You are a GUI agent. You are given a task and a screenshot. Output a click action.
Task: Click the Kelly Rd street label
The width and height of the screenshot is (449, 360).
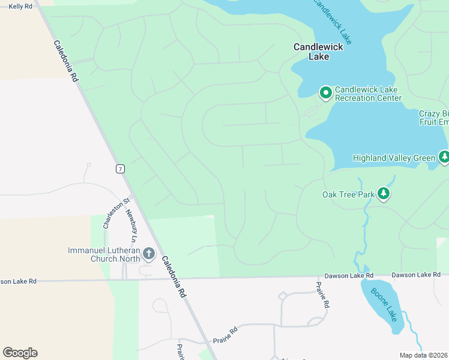(20, 5)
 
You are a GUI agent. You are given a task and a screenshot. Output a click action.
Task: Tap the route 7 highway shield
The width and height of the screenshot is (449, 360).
(121, 169)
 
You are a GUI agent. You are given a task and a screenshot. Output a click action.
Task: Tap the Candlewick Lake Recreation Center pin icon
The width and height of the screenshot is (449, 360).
(325, 92)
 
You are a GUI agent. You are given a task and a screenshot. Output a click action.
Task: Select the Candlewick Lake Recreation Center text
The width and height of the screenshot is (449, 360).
(368, 94)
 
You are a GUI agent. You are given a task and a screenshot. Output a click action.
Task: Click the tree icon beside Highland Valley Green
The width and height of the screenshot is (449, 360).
(444, 157)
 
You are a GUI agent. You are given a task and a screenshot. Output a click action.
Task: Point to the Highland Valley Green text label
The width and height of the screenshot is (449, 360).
(394, 158)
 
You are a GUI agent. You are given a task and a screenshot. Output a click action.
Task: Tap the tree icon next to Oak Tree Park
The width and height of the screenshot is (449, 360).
(384, 194)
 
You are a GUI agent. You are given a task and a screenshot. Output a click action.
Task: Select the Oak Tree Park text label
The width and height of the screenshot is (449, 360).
(348, 194)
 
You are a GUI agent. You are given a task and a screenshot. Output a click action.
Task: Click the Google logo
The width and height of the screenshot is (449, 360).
(20, 353)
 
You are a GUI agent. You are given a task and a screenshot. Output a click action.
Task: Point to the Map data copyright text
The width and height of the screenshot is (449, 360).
(424, 355)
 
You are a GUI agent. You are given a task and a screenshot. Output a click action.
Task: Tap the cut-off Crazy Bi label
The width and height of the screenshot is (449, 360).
(433, 118)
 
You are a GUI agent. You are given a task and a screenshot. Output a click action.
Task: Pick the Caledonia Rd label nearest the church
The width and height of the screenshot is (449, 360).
(173, 278)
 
